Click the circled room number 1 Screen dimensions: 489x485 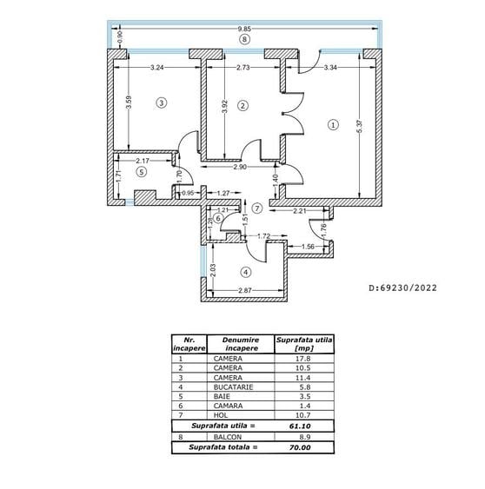(333, 124)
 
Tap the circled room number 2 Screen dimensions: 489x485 (242, 105)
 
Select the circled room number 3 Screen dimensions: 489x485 (161, 102)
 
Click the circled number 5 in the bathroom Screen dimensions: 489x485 (142, 171)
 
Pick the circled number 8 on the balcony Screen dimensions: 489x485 (244, 39)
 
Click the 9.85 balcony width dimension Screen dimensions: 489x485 (244, 30)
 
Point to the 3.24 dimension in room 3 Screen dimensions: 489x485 (157, 67)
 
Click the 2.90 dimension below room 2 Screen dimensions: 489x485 (239, 166)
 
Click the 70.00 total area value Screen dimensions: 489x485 (298, 447)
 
